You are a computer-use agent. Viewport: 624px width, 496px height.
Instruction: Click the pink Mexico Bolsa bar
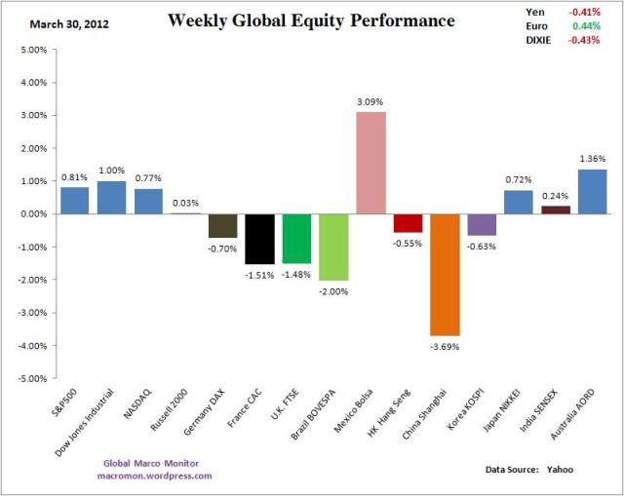[x=370, y=163]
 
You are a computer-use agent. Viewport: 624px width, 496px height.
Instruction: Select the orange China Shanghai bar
[x=445, y=274]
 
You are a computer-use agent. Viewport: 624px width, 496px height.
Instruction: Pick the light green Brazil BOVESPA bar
[x=333, y=247]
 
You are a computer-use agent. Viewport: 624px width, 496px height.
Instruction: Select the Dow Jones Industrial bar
[x=111, y=197]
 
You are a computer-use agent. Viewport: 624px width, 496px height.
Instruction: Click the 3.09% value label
[x=370, y=100]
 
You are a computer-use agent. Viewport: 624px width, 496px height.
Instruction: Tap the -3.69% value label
[x=445, y=346]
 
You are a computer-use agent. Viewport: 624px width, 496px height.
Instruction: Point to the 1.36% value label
[x=592, y=159]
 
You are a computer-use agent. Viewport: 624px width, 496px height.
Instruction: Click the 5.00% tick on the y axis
[x=30, y=50]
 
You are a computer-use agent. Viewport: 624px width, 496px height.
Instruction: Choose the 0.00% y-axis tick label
[x=30, y=214]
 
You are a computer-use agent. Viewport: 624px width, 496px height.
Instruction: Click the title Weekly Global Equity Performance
[x=311, y=20]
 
